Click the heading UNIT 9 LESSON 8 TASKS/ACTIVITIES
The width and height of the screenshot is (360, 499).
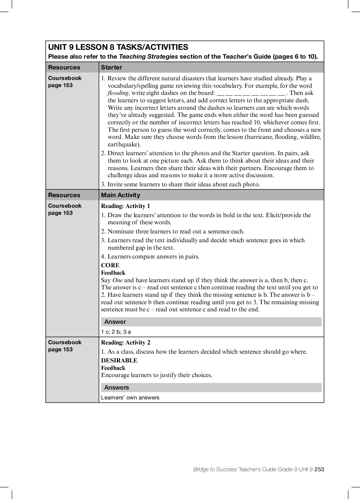[118, 47]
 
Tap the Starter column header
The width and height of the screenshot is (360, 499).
[111, 67]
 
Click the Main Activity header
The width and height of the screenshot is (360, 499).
[120, 195]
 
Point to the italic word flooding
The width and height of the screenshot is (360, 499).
[118, 93]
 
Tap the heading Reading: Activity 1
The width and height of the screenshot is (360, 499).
[125, 206]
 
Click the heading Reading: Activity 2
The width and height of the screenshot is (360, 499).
[125, 342]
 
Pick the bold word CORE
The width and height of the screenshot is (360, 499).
[110, 265]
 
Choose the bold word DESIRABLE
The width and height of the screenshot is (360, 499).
[119, 360]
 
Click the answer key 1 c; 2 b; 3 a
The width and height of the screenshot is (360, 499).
[116, 332]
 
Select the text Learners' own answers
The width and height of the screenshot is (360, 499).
[130, 398]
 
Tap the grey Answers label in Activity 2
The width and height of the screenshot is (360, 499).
[117, 388]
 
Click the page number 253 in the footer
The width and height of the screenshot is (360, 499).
[319, 469]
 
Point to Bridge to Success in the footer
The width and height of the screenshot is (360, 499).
[215, 469]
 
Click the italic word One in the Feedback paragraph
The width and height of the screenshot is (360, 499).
[117, 280]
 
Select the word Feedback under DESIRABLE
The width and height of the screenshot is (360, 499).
[113, 368]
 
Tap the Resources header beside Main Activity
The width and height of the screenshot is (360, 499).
[64, 195]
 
